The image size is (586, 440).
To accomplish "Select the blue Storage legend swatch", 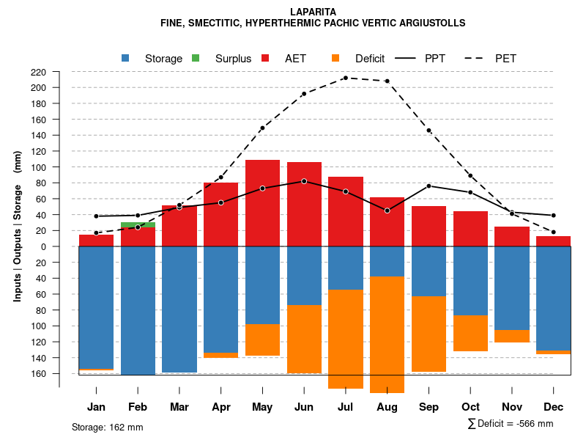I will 126,58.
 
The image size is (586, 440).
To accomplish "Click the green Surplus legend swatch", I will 196,58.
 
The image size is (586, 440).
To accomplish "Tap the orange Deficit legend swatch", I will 336,58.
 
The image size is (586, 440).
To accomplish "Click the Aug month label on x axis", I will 387,407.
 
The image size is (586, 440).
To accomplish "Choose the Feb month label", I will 138,407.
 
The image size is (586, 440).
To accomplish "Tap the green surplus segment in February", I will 138,224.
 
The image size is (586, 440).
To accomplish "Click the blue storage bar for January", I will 96,308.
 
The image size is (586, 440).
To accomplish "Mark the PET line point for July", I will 346,78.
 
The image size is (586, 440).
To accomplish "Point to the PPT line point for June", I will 304,181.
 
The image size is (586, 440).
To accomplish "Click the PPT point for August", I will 387,210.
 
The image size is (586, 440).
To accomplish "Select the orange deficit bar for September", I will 429,334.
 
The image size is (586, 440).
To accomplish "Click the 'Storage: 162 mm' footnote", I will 108,427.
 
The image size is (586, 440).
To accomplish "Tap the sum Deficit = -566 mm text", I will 510,423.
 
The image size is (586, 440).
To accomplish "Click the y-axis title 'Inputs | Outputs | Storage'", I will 18,226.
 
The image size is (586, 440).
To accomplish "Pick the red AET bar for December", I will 553,241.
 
